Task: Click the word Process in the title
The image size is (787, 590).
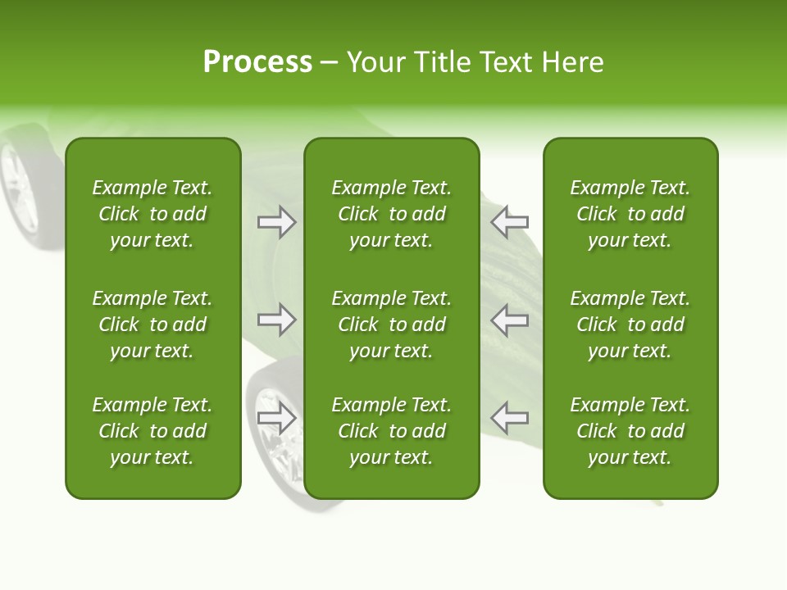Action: click(x=257, y=62)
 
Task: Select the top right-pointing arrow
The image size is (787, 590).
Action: click(x=277, y=222)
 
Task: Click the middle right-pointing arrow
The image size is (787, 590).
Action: click(x=277, y=320)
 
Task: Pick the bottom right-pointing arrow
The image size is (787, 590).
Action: click(x=277, y=418)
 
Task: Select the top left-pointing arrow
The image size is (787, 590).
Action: click(x=510, y=222)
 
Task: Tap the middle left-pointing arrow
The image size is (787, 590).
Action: click(x=510, y=320)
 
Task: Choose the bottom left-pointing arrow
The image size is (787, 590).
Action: click(x=510, y=418)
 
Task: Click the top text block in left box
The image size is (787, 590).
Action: click(x=152, y=214)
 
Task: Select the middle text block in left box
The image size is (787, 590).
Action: click(x=152, y=324)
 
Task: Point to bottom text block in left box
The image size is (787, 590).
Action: click(x=152, y=431)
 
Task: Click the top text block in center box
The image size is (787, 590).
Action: click(x=391, y=214)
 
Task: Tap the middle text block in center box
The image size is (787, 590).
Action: click(x=391, y=324)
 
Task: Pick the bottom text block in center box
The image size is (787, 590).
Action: click(x=391, y=431)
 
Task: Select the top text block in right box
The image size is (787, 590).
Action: click(x=630, y=214)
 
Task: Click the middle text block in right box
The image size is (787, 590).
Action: click(x=630, y=324)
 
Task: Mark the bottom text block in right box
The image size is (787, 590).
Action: click(x=630, y=431)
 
